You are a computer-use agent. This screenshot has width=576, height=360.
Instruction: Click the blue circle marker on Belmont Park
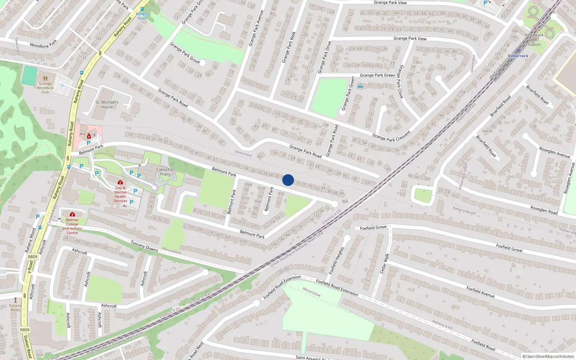288,180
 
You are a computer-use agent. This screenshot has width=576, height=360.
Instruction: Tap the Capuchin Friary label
165,172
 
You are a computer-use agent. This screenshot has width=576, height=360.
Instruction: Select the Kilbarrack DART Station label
534,40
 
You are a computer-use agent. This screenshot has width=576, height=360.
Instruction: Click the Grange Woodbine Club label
45,88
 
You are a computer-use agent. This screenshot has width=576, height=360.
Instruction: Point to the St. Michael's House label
107,104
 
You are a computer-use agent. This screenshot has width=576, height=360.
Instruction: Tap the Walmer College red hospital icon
72,214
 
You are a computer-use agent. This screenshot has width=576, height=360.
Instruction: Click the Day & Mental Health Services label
120,194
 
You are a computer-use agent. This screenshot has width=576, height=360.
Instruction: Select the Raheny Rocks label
15,307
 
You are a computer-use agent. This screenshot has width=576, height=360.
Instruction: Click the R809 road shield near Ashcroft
32,257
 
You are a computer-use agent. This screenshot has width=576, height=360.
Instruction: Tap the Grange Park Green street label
377,75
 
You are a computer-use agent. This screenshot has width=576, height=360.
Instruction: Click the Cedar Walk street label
385,264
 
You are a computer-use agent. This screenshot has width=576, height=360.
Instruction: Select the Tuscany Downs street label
144,246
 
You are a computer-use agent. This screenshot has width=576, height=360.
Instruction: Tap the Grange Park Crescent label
391,136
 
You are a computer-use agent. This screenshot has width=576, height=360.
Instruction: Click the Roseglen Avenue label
554,152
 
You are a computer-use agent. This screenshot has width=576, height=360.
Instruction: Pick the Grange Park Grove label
185,53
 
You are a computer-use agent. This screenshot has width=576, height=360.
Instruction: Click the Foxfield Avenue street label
480,292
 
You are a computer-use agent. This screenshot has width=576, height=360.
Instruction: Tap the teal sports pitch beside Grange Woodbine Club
29,76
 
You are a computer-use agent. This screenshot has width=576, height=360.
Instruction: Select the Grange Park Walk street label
289,47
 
